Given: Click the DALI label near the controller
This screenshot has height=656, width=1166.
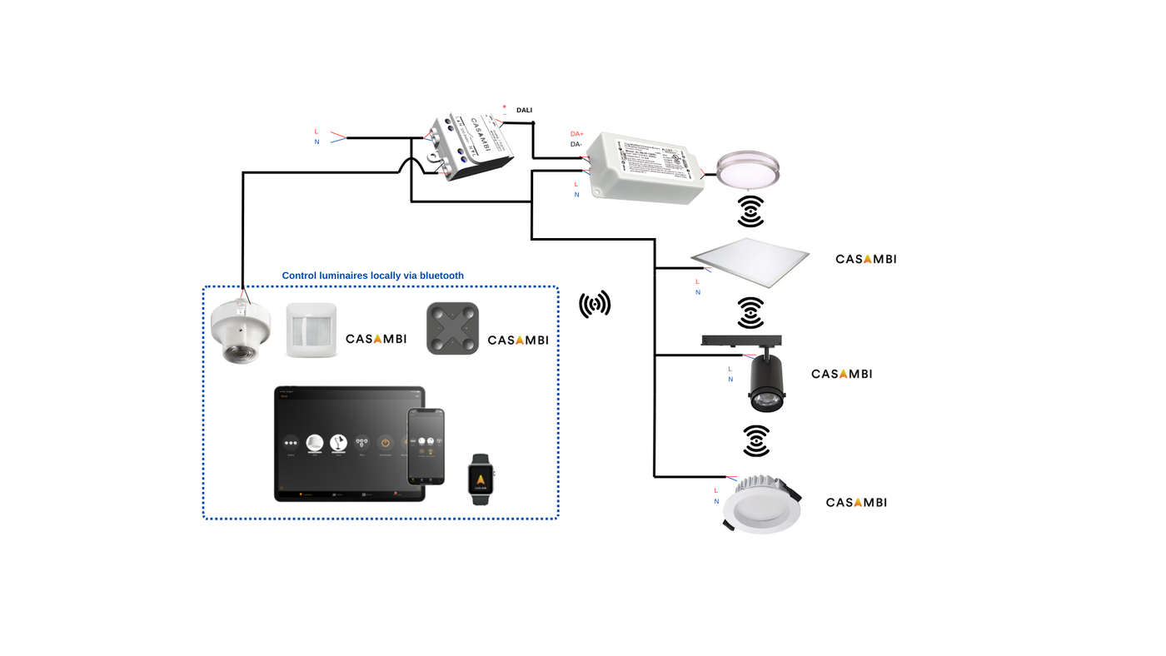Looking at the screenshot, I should click(x=524, y=110).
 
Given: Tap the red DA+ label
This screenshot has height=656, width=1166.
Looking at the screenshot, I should click(x=576, y=134).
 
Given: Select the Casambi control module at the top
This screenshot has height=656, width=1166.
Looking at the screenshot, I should click(x=468, y=146).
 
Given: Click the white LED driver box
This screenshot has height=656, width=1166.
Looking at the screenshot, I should click(x=646, y=169).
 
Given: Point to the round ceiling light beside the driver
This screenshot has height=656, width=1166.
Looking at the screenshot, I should click(x=747, y=170).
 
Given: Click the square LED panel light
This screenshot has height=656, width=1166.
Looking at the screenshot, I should click(x=750, y=261).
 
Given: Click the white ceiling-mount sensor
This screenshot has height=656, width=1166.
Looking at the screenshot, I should click(x=240, y=330).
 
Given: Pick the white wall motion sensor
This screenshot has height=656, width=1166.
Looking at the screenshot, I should click(x=311, y=330).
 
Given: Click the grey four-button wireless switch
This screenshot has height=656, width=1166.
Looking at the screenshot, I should click(x=452, y=328).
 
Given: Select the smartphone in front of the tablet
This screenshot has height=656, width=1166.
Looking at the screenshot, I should click(x=426, y=445).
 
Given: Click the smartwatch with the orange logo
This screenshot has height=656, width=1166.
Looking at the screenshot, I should click(x=481, y=480).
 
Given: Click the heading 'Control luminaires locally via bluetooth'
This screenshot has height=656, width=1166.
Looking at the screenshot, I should click(x=372, y=276).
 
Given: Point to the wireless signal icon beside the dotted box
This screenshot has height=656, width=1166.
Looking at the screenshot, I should click(x=595, y=304).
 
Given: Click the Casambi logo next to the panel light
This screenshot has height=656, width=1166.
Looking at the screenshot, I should click(x=865, y=259).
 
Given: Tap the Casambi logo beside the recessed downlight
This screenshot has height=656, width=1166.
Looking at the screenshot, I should click(x=855, y=502).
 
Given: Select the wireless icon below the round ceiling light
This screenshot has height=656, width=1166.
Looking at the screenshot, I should click(x=750, y=211).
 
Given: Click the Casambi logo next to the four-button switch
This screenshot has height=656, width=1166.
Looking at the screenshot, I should click(x=517, y=340).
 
